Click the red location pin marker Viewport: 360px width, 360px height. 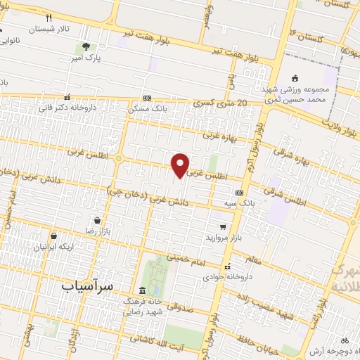tap(181, 165)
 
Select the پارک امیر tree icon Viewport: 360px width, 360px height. tap(86, 47)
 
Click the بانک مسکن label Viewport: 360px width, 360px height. tap(150, 109)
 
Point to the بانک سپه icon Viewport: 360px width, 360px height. tap(240, 192)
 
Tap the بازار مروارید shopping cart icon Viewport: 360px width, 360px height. tap(223, 227)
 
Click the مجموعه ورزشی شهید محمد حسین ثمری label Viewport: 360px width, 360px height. tap(296, 96)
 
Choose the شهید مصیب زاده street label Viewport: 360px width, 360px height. tap(280, 304)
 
